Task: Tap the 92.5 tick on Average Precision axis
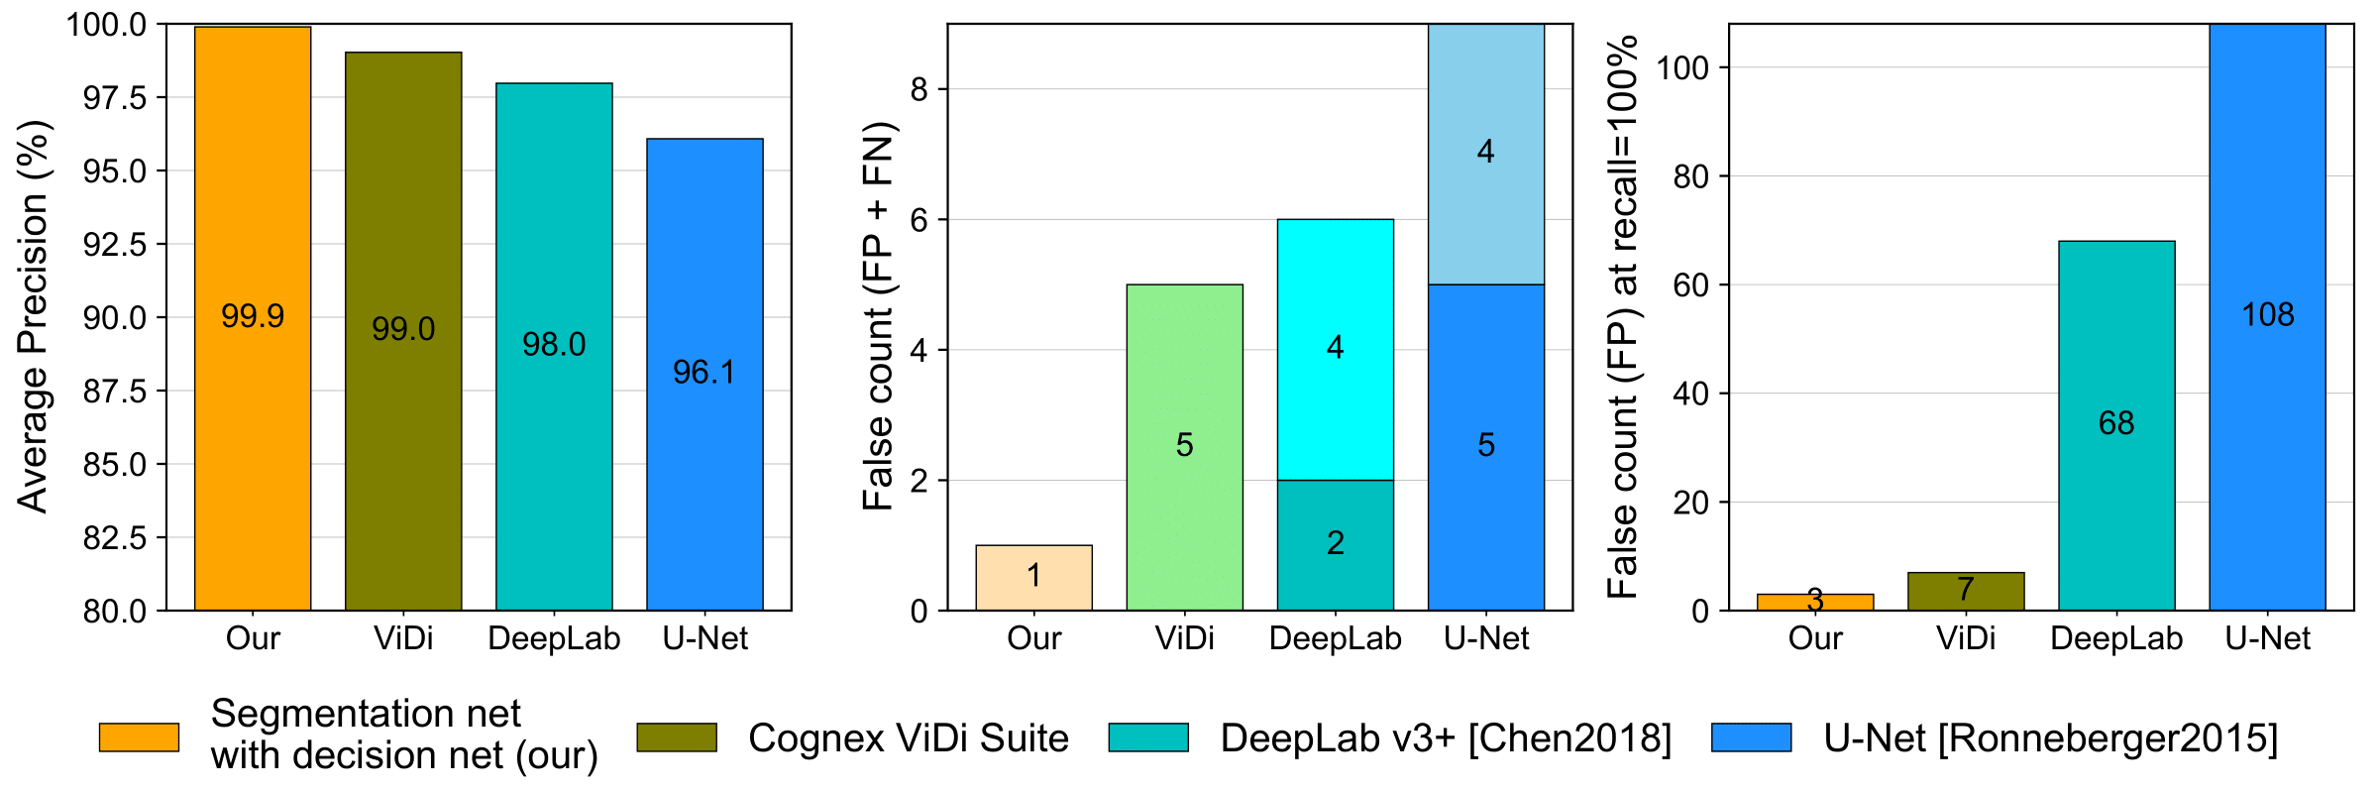(x=115, y=245)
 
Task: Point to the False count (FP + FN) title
(x=878, y=317)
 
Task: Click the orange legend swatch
(x=139, y=737)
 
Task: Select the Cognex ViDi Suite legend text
(x=908, y=738)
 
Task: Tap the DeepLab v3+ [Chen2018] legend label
(x=1446, y=738)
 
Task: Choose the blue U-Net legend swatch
(x=1751, y=737)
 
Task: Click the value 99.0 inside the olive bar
(x=403, y=329)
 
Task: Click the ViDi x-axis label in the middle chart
(x=1184, y=638)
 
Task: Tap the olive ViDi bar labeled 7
(x=1966, y=591)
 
